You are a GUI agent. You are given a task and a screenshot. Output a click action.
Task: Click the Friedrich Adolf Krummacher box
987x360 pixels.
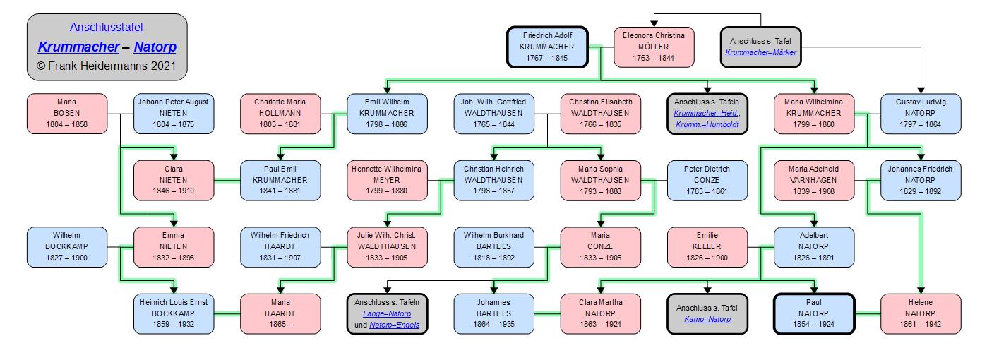pos(547,47)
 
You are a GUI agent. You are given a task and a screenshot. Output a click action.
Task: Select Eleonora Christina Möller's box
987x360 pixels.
pos(653,47)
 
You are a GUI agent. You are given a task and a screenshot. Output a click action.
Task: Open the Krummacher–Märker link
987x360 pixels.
pos(760,52)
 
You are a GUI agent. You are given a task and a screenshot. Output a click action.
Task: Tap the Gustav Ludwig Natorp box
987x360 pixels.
pos(921,113)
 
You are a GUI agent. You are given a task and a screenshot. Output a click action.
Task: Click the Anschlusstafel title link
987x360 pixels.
pos(107,28)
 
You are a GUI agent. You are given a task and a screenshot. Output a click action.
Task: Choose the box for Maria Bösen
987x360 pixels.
pos(67,113)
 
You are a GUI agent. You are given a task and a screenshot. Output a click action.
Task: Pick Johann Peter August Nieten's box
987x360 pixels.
pos(173,113)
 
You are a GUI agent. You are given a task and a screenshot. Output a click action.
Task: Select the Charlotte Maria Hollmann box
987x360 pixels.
pos(280,113)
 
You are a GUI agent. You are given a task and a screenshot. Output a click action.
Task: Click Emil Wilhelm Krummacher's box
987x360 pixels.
pos(387,113)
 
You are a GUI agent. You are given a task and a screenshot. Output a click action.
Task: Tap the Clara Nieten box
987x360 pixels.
pos(173,180)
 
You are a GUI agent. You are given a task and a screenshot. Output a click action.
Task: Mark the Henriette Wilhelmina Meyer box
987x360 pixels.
pos(387,180)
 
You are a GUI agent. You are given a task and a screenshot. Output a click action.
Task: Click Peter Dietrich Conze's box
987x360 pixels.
pos(707,180)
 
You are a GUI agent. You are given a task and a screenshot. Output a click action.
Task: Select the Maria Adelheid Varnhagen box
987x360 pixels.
pos(814,180)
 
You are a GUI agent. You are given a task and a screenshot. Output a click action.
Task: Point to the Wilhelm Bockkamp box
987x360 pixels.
pos(67,247)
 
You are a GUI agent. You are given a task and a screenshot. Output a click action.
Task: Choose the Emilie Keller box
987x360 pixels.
pos(707,247)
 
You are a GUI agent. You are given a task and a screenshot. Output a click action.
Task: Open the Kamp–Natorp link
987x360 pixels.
pos(707,320)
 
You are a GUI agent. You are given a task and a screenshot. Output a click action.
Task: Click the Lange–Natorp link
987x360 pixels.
pos(386,313)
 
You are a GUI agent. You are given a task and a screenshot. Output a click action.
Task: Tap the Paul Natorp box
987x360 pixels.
pos(814,313)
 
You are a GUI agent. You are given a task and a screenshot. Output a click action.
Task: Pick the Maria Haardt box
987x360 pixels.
pos(280,313)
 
